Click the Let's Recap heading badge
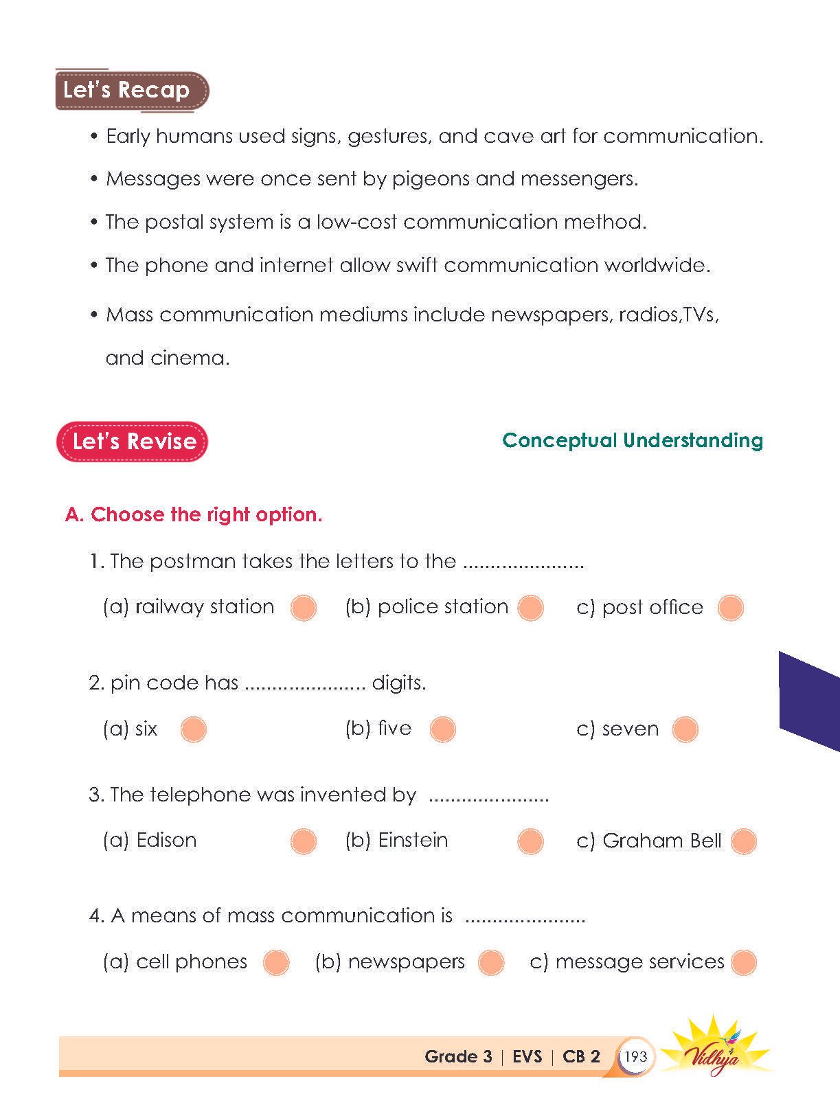[x=130, y=90]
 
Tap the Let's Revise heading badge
[x=132, y=442]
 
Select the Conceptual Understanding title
[x=632, y=440]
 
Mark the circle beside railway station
[x=304, y=608]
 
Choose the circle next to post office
[x=730, y=608]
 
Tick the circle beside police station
[x=530, y=608]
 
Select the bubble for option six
[x=193, y=729]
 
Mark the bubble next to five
[x=442, y=729]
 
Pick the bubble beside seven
[x=685, y=729]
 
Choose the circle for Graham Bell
[x=743, y=841]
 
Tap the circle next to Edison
[x=304, y=841]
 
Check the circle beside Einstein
[x=530, y=841]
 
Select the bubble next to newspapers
[x=491, y=962]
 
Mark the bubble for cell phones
[x=276, y=962]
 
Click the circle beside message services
[x=743, y=962]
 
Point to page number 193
[x=636, y=1056]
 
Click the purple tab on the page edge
[x=810, y=701]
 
